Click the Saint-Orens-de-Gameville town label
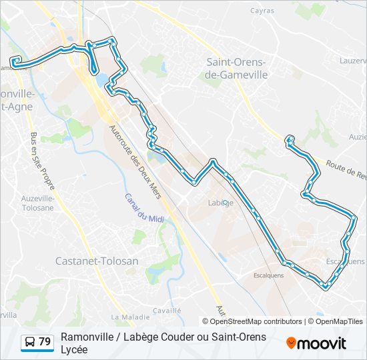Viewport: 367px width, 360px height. [237, 69]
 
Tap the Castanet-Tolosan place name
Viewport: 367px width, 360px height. [97, 261]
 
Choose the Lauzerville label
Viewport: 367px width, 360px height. [353, 60]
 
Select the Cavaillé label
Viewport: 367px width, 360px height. [167, 310]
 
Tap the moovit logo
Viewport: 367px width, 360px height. [316, 343]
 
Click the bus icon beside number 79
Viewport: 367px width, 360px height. [30, 342]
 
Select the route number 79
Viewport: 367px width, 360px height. [45, 342]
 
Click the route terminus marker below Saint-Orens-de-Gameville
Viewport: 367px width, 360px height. [290, 139]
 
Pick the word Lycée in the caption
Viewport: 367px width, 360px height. [75, 349]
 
